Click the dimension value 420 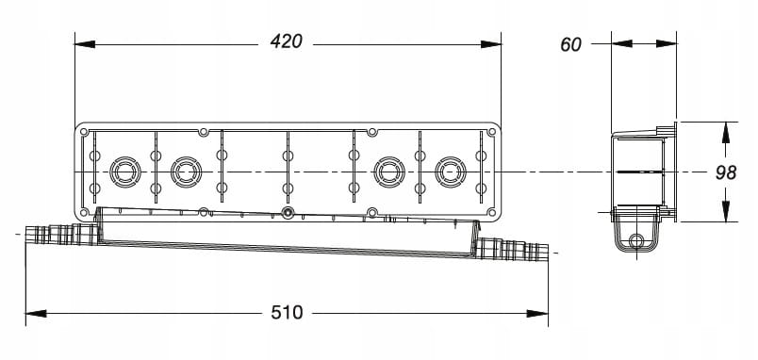coord(287,41)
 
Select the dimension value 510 coord(287,313)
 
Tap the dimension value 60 coord(570,44)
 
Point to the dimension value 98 coord(726,172)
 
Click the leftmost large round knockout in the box coord(125,172)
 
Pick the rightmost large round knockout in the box coord(451,172)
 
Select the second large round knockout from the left coord(186,172)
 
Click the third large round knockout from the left coord(389,172)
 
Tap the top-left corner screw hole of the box coord(84,131)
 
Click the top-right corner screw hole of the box coord(491,131)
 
